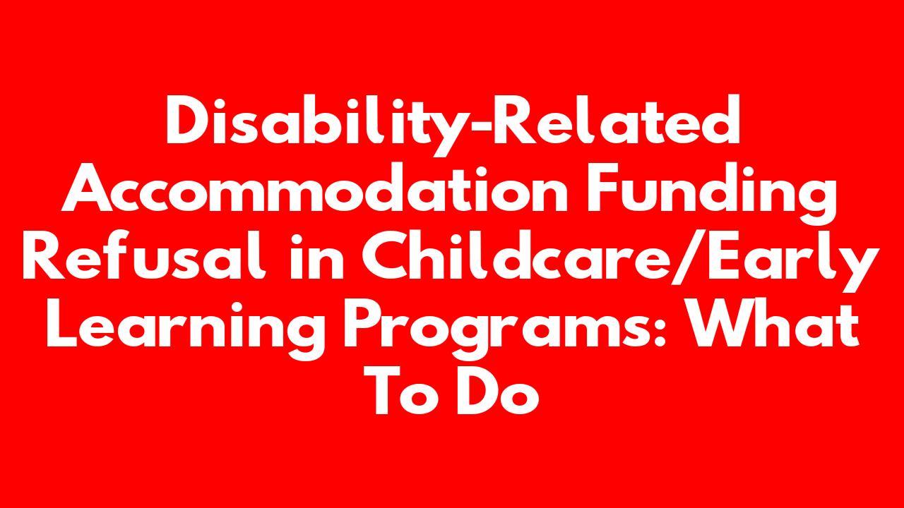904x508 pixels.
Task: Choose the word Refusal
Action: click(143, 253)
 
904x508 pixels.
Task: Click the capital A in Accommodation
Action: click(87, 187)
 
